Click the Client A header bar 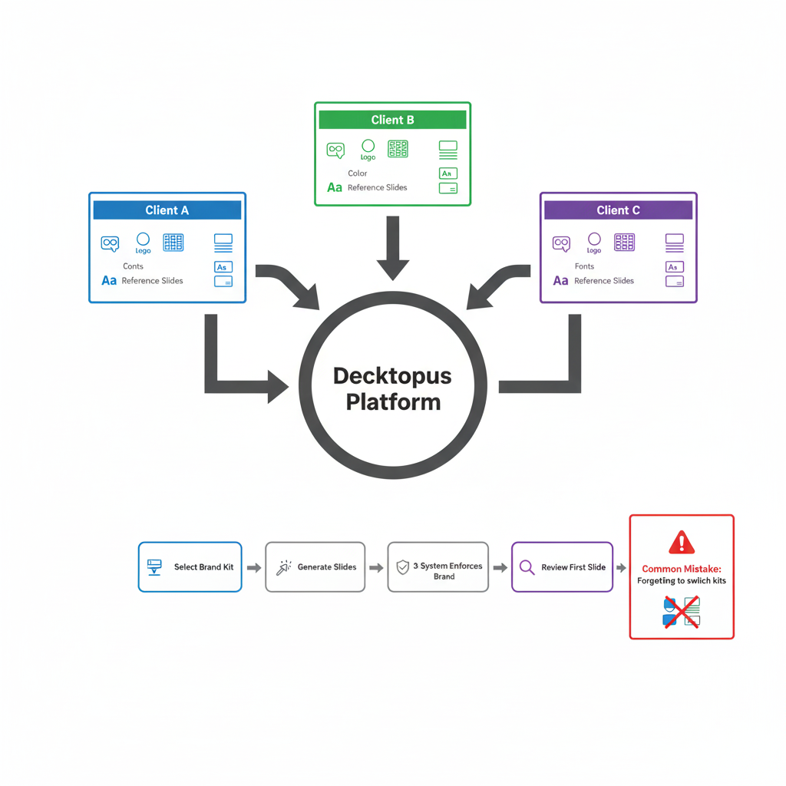[167, 210]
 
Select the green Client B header [392, 120]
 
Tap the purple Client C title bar [618, 210]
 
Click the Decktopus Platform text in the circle [392, 389]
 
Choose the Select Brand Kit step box [190, 567]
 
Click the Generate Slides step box [315, 567]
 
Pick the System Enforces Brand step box [438, 567]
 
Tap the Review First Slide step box [562, 567]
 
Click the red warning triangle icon [681, 543]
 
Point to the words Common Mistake [682, 569]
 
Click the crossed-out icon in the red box [681, 613]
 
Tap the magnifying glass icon [527, 567]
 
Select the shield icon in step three [402, 567]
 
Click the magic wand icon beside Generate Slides [283, 568]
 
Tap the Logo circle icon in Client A [143, 239]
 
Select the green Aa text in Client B [335, 187]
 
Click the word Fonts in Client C [584, 266]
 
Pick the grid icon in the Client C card [624, 243]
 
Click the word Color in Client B [357, 173]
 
